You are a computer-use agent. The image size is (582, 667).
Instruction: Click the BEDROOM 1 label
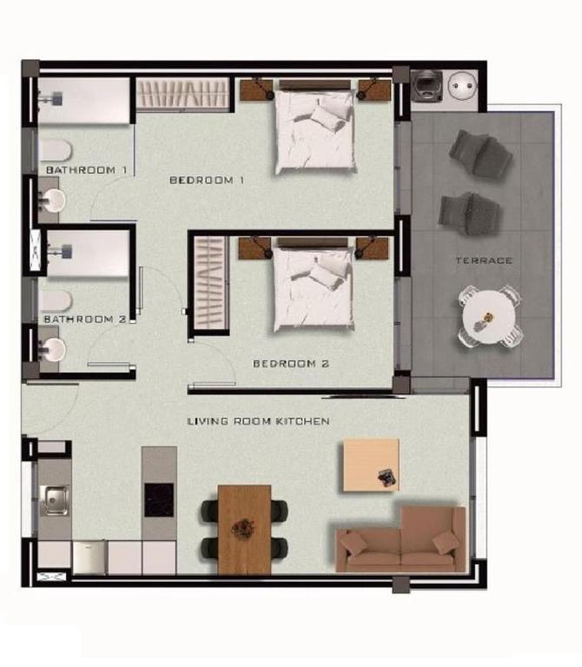pos(207,180)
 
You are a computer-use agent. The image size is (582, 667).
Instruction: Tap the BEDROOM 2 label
pos(291,364)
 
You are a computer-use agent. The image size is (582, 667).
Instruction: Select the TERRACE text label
pos(484,261)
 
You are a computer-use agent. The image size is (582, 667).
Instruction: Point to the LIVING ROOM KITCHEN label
pos(259,421)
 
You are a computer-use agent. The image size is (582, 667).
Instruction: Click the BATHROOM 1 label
pos(86,170)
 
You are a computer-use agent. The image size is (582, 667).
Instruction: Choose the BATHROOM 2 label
pos(85,319)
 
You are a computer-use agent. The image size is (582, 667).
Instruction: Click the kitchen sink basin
pos(55,500)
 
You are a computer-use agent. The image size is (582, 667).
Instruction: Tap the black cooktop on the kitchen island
pos(159,500)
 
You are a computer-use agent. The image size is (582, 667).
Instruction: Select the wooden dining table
pos(245,530)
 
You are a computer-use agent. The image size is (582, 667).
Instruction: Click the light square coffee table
pos(371,465)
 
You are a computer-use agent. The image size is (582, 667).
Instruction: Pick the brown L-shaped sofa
pos(400,539)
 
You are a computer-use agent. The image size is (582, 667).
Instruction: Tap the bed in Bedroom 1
pos(315,127)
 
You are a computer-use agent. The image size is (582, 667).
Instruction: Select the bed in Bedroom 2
pos(313,285)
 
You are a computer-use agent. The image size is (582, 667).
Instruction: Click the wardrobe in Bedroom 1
pos(183,94)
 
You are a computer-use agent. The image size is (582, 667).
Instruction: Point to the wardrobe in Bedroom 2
pos(209,283)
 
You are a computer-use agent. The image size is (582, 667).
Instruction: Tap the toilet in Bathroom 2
pos(56,301)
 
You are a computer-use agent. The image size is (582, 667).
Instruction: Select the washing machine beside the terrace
pos(427,86)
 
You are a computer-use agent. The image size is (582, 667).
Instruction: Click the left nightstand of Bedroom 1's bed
pos(256,90)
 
